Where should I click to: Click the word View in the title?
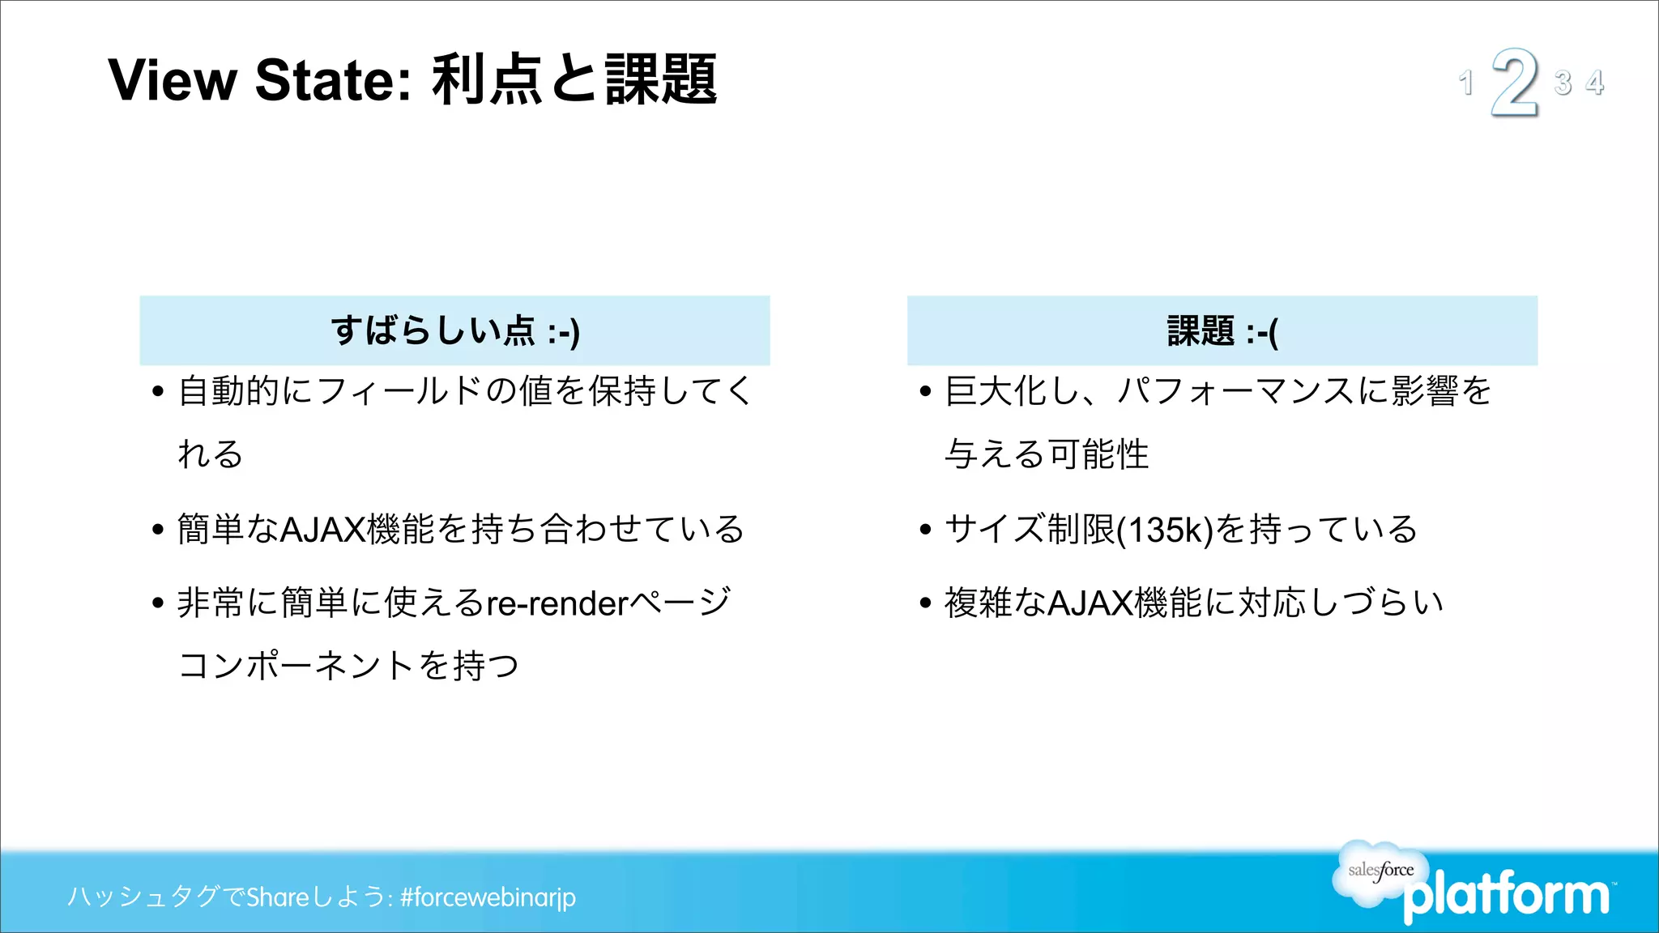point(172,80)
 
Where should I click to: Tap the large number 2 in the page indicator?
point(1514,82)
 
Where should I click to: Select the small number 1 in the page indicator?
point(1465,83)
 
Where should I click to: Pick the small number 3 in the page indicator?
point(1563,83)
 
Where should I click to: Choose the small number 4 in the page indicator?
point(1594,83)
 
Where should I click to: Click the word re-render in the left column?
point(557,603)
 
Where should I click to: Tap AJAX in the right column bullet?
point(1090,603)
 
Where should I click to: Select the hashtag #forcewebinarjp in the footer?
point(488,897)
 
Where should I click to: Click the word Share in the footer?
point(278,897)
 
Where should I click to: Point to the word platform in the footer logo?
point(1507,896)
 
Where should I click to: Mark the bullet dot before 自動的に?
point(158,393)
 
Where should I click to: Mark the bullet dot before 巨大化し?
point(926,393)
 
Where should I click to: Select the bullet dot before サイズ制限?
point(926,531)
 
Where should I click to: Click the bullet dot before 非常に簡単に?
point(158,604)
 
